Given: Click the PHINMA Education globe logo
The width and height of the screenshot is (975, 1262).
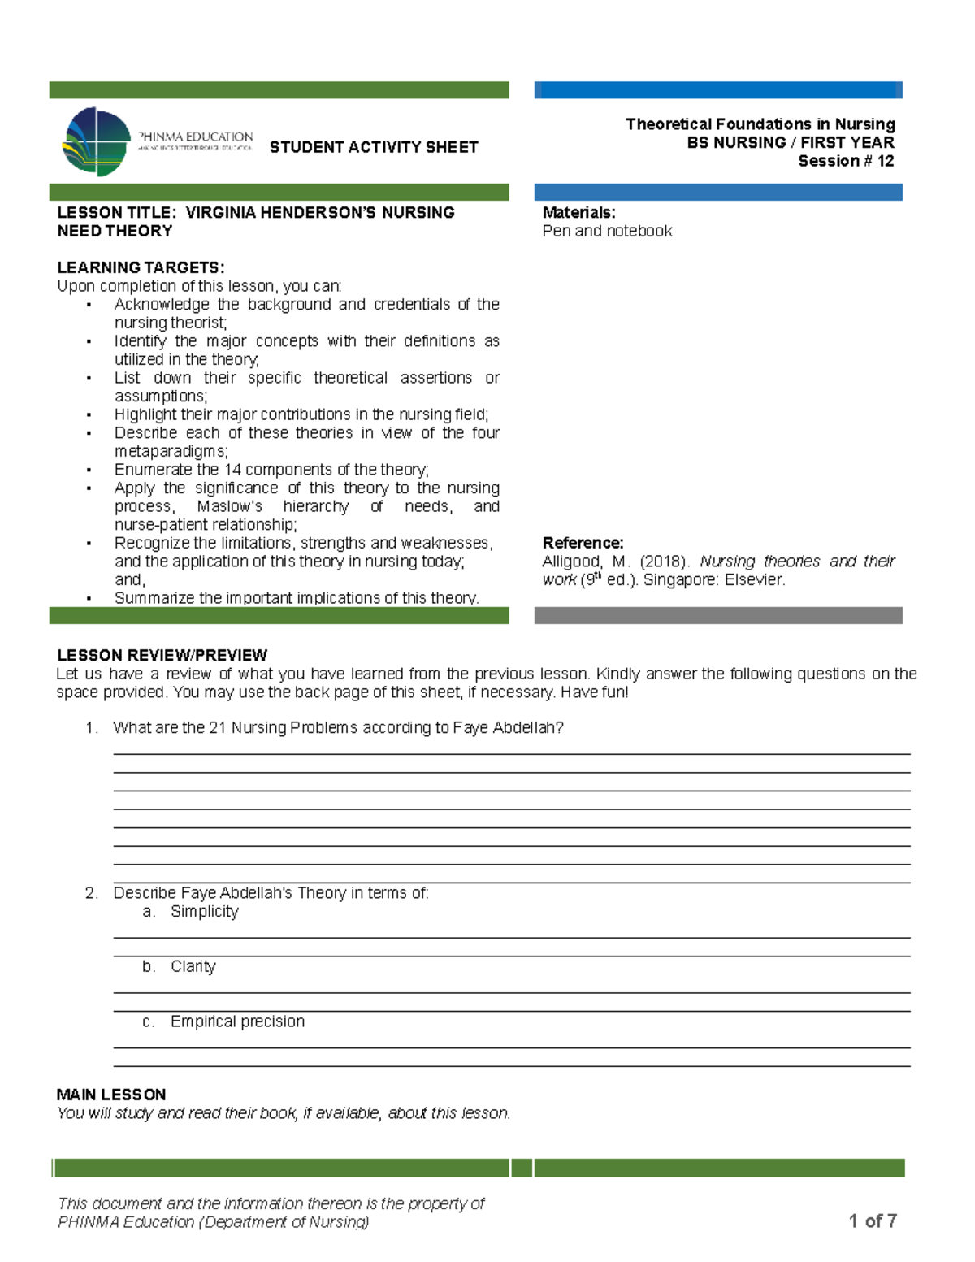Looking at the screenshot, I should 97,141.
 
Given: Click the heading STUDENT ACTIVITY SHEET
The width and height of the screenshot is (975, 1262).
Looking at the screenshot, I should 374,147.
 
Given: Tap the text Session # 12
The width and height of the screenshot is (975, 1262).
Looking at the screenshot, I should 846,161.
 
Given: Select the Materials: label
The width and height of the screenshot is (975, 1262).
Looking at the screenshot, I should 578,213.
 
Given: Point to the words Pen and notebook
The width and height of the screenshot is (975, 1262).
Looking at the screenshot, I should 607,232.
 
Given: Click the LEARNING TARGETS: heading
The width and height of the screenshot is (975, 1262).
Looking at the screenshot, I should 141,267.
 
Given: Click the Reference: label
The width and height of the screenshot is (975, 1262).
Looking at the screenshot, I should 583,543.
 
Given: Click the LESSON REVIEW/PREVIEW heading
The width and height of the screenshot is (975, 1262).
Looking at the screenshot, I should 162,655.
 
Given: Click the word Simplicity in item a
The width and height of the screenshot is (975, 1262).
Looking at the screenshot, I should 205,912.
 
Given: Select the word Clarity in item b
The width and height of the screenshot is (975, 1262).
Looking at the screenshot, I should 193,967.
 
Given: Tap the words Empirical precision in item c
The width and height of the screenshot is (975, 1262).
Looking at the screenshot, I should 237,1021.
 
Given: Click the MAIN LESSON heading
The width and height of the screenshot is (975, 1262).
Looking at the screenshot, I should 111,1095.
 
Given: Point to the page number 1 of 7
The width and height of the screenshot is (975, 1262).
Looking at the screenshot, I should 873,1221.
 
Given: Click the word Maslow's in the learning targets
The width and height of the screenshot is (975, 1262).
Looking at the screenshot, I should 230,507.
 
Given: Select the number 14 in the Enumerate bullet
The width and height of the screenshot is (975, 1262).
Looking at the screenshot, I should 233,470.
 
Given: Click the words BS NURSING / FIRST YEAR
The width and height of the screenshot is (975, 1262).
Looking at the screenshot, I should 790,143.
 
